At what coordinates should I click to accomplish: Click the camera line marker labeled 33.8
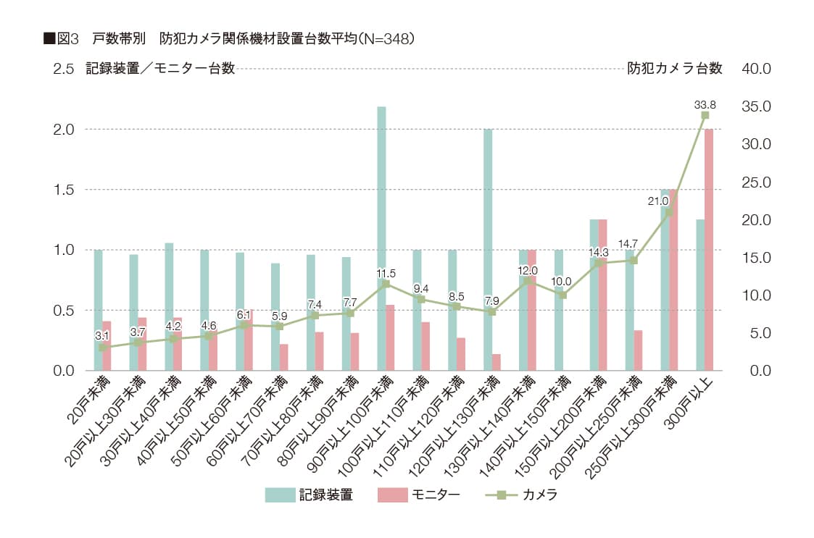pos(705,115)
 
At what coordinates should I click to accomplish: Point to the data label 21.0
pos(658,201)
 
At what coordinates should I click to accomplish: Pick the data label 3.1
pos(103,336)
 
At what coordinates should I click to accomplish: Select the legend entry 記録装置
pos(309,495)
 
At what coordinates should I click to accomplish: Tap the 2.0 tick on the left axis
pos(63,129)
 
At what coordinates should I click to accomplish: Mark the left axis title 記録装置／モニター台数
pos(159,69)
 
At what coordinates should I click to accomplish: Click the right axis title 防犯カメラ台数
pos(675,69)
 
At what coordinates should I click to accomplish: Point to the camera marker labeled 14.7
pos(634,260)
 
